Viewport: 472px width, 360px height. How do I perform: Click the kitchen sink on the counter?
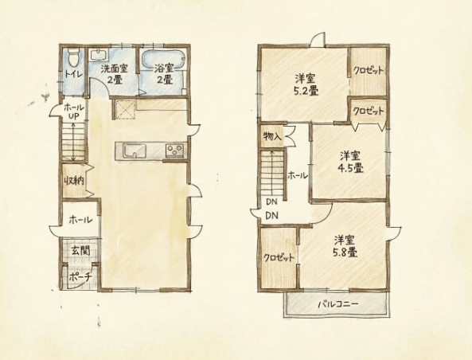[135, 150]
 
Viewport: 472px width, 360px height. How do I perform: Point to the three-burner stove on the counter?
[174, 150]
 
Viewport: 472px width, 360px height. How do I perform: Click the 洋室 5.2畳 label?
[305, 84]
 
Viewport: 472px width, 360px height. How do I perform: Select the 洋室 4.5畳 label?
[350, 162]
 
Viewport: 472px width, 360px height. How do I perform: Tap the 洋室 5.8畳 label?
[345, 246]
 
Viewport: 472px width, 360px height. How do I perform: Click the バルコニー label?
[338, 304]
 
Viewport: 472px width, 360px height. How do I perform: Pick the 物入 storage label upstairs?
[272, 137]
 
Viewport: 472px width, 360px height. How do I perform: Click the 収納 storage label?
[73, 181]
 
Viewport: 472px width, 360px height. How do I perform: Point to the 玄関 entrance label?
[80, 250]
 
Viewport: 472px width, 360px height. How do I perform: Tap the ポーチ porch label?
[80, 277]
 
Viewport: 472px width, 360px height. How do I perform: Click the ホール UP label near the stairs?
[73, 112]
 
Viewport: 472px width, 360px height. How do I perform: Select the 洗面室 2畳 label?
[114, 74]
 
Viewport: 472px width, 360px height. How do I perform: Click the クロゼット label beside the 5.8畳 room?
[279, 258]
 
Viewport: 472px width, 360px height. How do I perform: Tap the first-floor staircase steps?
[74, 142]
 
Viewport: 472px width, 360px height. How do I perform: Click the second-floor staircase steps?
[272, 174]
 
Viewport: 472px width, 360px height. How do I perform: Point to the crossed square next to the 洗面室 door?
[124, 109]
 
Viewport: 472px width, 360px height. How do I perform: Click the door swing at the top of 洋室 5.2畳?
[317, 40]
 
